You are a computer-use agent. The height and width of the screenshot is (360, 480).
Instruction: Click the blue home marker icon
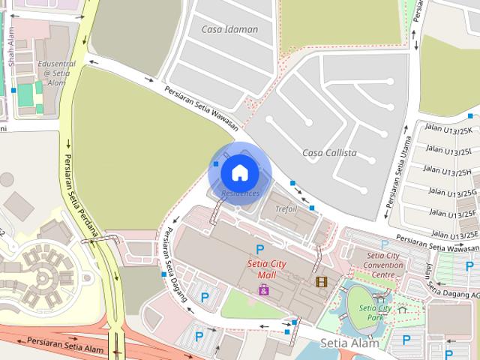pos(239,172)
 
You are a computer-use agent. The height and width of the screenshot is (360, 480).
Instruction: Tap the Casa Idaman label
pos(229,29)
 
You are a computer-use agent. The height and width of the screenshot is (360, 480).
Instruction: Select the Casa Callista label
pos(328,153)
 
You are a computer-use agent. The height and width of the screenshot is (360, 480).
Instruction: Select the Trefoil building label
pos(286,208)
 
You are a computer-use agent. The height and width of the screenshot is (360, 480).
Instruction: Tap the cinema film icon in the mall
pos(321,281)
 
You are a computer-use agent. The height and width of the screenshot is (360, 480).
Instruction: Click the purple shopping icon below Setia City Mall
pos(263,289)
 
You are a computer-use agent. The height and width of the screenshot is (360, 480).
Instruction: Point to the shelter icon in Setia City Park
pos(402,308)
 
